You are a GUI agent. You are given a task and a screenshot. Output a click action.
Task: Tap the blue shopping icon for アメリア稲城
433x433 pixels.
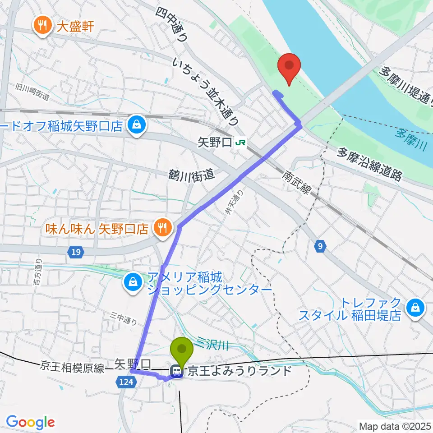click(133, 284)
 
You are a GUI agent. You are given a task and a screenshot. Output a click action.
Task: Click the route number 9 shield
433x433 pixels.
click(320, 246)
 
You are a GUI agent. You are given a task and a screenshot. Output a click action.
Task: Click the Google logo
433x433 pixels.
click(30, 422)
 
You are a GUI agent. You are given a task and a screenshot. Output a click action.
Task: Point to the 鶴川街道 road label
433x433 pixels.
click(192, 174)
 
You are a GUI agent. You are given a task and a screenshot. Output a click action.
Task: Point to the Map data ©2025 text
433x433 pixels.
click(395, 425)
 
